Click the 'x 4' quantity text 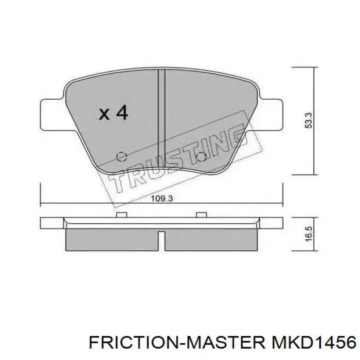pyautogui.click(x=113, y=113)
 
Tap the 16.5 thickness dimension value pyautogui.click(x=309, y=233)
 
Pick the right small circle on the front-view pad pyautogui.click(x=202, y=156)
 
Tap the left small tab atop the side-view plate pyautogui.click(x=122, y=214)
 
